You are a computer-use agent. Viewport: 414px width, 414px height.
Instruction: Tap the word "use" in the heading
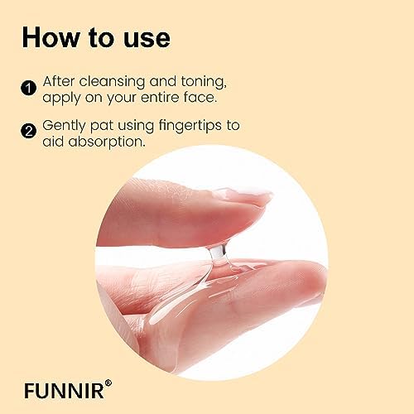pyautogui.click(x=147, y=39)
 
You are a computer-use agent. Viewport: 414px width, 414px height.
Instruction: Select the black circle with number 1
pyautogui.click(x=29, y=89)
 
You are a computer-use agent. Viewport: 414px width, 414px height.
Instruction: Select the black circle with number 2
pyautogui.click(x=29, y=131)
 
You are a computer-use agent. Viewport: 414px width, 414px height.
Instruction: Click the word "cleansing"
pyautogui.click(x=112, y=83)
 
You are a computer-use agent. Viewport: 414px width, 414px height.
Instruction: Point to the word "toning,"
pyautogui.click(x=204, y=82)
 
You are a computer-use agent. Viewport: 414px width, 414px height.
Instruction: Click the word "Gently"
pyautogui.click(x=64, y=127)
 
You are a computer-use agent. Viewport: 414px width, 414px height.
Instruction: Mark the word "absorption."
pyautogui.click(x=107, y=142)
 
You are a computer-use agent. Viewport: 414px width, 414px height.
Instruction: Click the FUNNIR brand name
pyautogui.click(x=64, y=390)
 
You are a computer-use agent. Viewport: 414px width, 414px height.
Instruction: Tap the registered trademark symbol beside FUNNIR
pyautogui.click(x=108, y=383)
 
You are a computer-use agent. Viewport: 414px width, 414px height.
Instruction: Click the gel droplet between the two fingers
pyautogui.click(x=219, y=253)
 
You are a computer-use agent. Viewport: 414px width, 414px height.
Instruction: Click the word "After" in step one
pyautogui.click(x=59, y=81)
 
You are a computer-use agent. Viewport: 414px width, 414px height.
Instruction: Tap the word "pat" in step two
pyautogui.click(x=102, y=127)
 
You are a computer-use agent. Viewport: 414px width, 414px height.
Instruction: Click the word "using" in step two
pyautogui.click(x=136, y=127)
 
